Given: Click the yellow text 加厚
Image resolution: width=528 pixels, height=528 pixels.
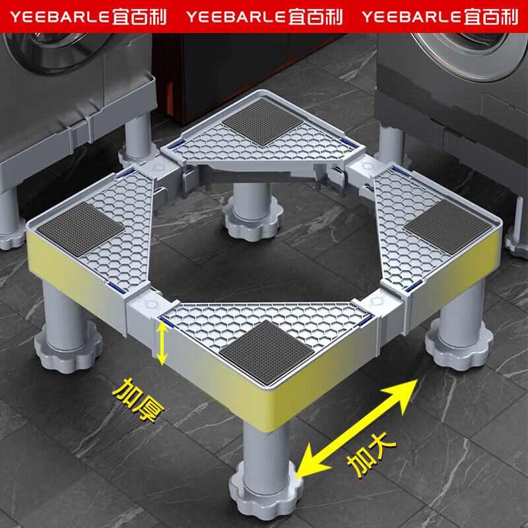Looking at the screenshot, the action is pyautogui.click(x=138, y=399).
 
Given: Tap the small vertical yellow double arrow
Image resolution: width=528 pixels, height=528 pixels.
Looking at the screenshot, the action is pyautogui.click(x=162, y=343).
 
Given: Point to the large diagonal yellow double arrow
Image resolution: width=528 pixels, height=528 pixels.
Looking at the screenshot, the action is pyautogui.click(x=356, y=428).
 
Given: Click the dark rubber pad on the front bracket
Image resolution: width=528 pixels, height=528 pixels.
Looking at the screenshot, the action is pyautogui.click(x=267, y=352).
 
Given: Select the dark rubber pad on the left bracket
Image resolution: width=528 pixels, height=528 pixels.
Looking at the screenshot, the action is pyautogui.click(x=81, y=228).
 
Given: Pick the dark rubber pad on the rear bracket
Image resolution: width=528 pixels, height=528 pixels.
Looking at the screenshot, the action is pyautogui.click(x=263, y=122).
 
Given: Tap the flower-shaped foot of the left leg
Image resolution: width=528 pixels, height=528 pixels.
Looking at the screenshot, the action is pyautogui.click(x=69, y=347).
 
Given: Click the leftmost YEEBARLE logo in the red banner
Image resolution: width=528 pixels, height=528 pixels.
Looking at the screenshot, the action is pyautogui.click(x=88, y=17).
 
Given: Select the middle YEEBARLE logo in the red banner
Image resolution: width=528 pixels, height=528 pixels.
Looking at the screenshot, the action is pyautogui.click(x=265, y=17).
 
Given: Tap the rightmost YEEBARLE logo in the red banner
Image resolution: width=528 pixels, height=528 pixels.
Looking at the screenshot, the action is pyautogui.click(x=440, y=17).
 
